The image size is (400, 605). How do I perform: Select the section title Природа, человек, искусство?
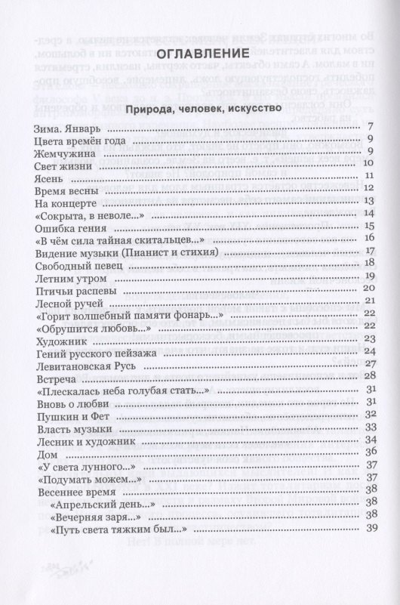199,107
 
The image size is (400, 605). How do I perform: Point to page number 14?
370,214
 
